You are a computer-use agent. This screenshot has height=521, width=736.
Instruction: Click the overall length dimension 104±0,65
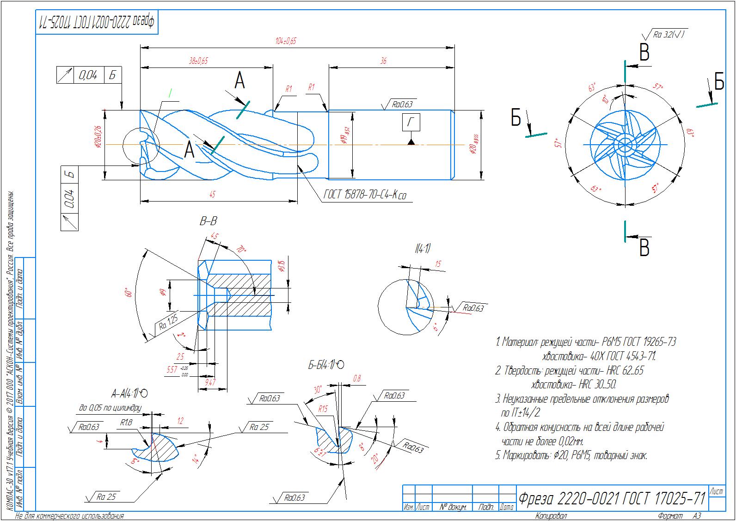285,41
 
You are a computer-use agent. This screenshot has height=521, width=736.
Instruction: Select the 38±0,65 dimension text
198,61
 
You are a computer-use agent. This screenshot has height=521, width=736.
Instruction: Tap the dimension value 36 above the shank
383,61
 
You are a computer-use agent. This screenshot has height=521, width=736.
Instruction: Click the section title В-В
208,222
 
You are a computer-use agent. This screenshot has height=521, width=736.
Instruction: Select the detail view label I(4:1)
422,249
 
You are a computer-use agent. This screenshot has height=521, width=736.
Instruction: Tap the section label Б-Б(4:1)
326,365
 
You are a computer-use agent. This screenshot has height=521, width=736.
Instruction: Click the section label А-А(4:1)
129,394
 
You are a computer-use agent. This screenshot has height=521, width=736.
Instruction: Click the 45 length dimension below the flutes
212,195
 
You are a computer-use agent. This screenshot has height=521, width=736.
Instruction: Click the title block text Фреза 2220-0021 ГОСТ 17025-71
612,499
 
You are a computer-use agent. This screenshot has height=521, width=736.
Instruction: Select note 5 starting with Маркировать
571,455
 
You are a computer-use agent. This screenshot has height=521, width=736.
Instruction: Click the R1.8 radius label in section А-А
126,422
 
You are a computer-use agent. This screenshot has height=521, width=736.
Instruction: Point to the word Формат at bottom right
670,516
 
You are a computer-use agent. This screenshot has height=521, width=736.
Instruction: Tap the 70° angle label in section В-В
240,250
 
